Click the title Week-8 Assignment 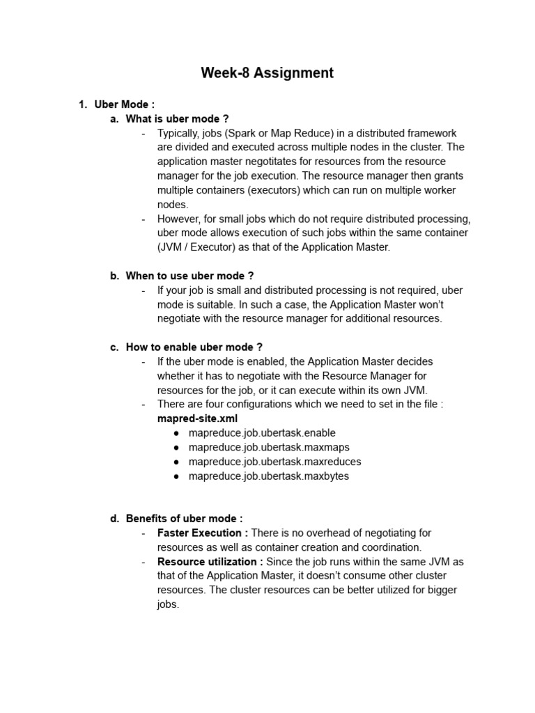tap(267, 73)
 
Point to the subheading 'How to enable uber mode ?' tap(194, 347)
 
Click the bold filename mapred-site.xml tap(197, 418)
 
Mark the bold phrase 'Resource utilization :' tap(210, 561)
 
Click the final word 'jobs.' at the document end tap(169, 604)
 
